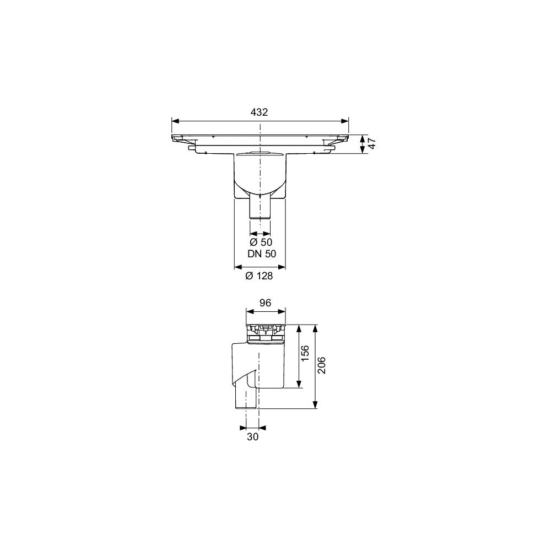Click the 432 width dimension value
(259, 112)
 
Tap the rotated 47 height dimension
(372, 144)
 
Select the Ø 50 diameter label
(261, 242)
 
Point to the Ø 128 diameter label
(261, 276)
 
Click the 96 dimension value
(266, 302)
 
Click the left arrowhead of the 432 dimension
(175, 121)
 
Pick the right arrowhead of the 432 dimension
(346, 121)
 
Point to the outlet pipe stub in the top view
(260, 207)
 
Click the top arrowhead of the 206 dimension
(315, 327)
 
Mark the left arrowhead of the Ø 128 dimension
(238, 267)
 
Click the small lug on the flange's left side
(191, 147)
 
